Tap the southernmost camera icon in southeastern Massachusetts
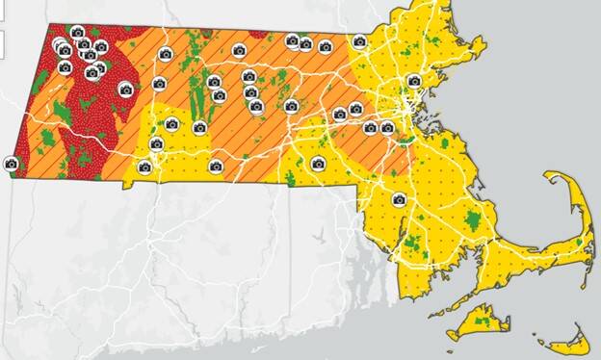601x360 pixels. tap(399, 200)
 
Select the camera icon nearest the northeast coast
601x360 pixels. tap(413, 81)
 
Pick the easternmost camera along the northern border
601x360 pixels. tap(359, 41)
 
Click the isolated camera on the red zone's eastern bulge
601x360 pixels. tap(125, 89)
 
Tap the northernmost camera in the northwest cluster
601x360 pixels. tap(77, 33)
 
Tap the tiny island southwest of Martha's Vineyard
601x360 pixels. tap(450, 336)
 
